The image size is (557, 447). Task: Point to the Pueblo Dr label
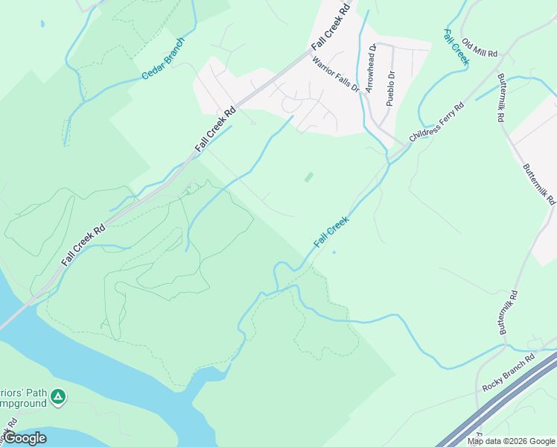coord(389,89)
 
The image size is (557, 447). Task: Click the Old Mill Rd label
coord(479,48)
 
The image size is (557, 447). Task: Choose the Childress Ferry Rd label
coord(436,123)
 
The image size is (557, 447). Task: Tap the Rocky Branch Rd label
coord(509,373)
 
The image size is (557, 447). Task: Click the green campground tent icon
coord(59,397)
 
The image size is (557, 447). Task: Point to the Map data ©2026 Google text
coord(512,441)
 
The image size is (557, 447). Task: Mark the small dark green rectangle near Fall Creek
coord(309,177)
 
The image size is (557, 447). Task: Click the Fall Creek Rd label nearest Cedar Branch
coord(215,130)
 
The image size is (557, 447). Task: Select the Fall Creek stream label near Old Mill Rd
coord(455,47)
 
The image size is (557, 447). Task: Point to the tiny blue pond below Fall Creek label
coord(334,252)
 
